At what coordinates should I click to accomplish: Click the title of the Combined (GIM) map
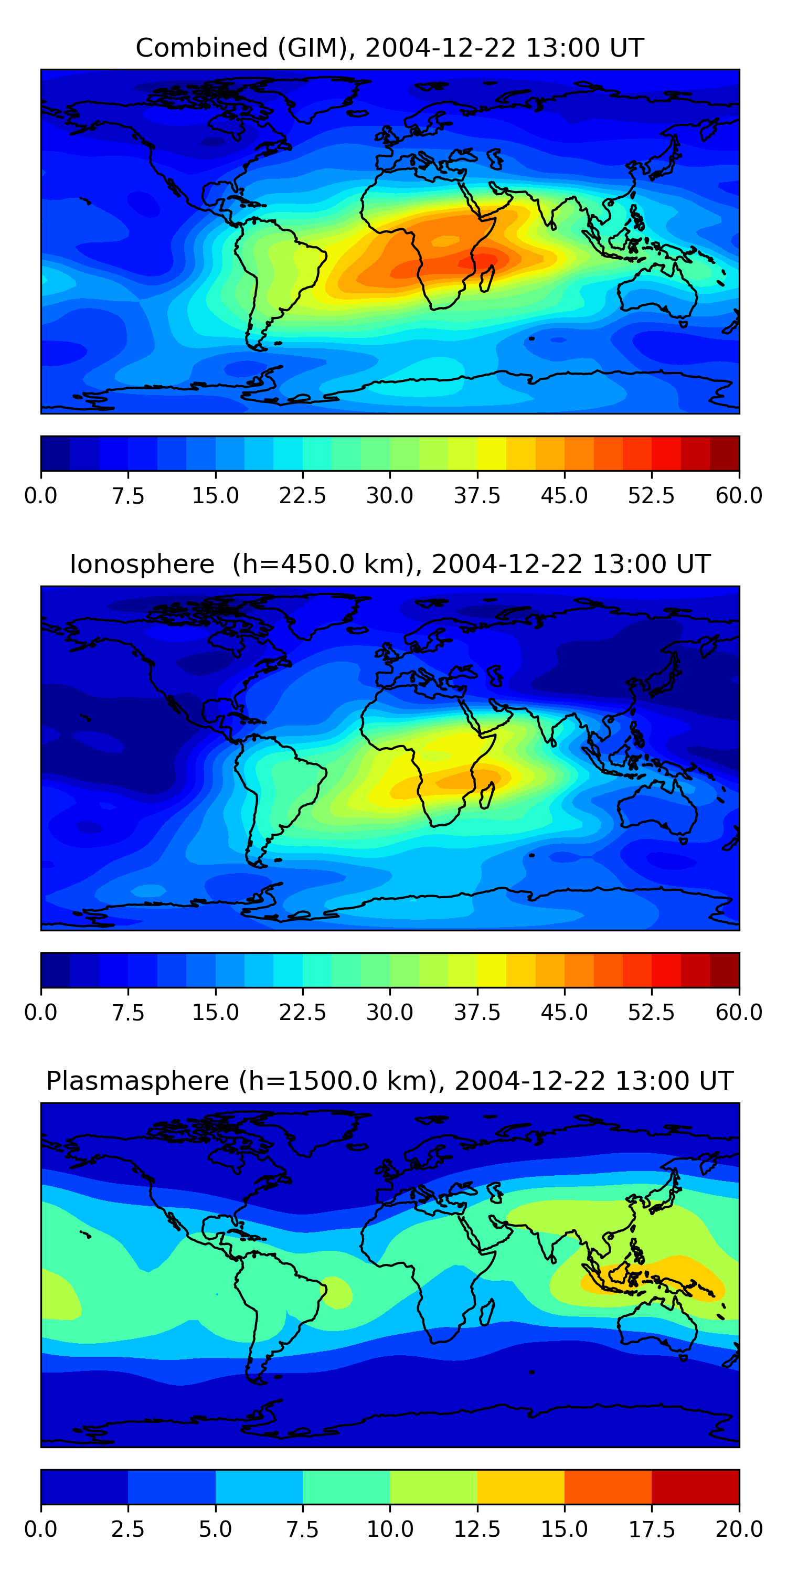[390, 48]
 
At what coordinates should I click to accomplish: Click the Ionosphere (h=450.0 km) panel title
[390, 564]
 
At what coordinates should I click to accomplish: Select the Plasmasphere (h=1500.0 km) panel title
[390, 1081]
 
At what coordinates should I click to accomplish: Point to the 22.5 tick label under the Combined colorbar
[302, 495]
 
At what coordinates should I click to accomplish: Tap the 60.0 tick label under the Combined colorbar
[739, 495]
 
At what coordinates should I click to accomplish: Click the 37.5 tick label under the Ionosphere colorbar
[476, 1013]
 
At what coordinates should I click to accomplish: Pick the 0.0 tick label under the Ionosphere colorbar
[41, 1013]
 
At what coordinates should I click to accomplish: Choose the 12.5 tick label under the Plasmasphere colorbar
[476, 1529]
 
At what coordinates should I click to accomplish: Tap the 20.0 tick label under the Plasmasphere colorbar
[739, 1529]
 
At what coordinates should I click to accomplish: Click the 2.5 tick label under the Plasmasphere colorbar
[127, 1529]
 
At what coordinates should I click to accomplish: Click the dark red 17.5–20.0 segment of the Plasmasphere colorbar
[695, 1486]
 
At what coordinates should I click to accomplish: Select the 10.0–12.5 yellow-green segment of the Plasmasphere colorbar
[433, 1486]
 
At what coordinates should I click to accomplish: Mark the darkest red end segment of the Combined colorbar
[725, 453]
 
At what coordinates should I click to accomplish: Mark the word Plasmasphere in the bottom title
[138, 1081]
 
